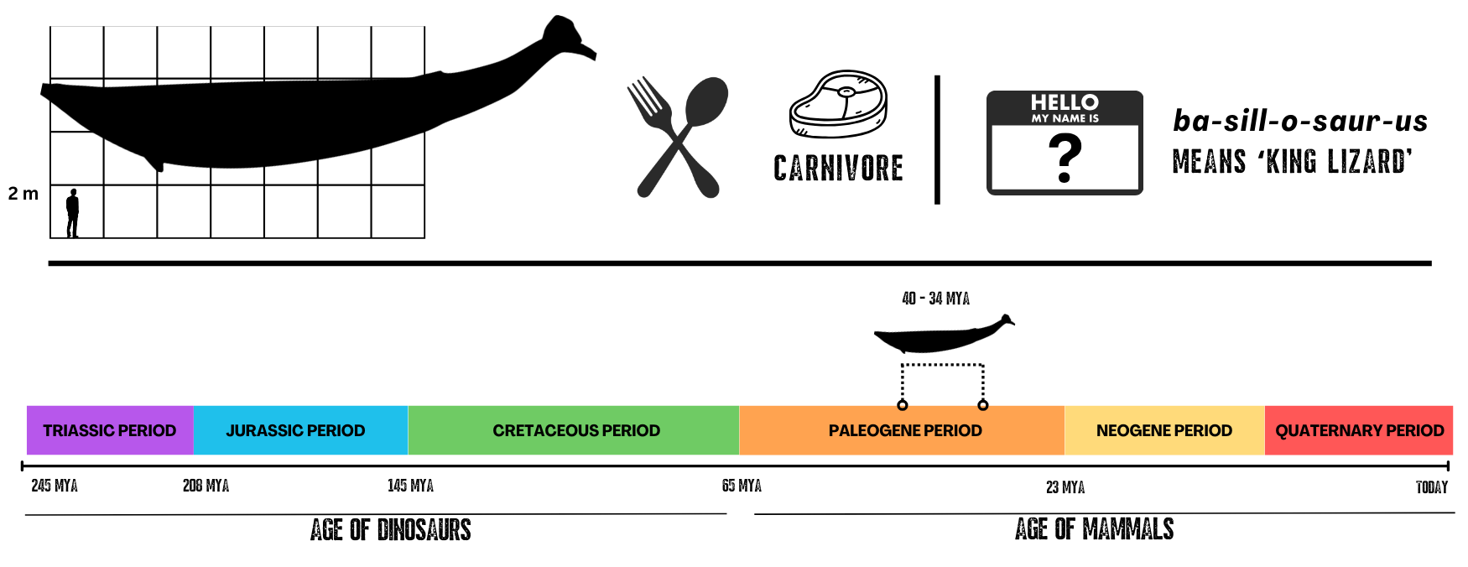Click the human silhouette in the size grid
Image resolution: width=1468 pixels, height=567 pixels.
(73, 213)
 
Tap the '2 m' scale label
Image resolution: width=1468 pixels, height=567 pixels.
(23, 194)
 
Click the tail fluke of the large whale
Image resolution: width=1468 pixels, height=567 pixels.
(566, 38)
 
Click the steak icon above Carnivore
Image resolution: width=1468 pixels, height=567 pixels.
(838, 104)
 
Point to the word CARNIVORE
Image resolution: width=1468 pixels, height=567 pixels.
(838, 169)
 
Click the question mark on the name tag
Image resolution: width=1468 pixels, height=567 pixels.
(1065, 159)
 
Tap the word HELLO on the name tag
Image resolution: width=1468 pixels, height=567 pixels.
(1065, 102)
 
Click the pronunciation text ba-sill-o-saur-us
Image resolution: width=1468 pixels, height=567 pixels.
(1300, 121)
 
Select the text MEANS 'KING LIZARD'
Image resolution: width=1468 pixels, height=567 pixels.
(1293, 161)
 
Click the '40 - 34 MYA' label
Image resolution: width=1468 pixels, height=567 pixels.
(935, 299)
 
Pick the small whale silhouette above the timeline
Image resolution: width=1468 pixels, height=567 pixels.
(944, 335)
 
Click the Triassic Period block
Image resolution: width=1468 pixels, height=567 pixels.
(110, 430)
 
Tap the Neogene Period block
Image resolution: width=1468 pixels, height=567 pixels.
(1164, 430)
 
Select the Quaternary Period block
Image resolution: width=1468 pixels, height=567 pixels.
(1359, 430)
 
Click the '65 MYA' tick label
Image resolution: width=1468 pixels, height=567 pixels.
(742, 486)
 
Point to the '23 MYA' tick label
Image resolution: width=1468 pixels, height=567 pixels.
(1065, 487)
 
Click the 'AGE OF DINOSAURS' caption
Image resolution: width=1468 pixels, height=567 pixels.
(390, 530)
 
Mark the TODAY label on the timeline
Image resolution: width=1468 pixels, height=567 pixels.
(1432, 487)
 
